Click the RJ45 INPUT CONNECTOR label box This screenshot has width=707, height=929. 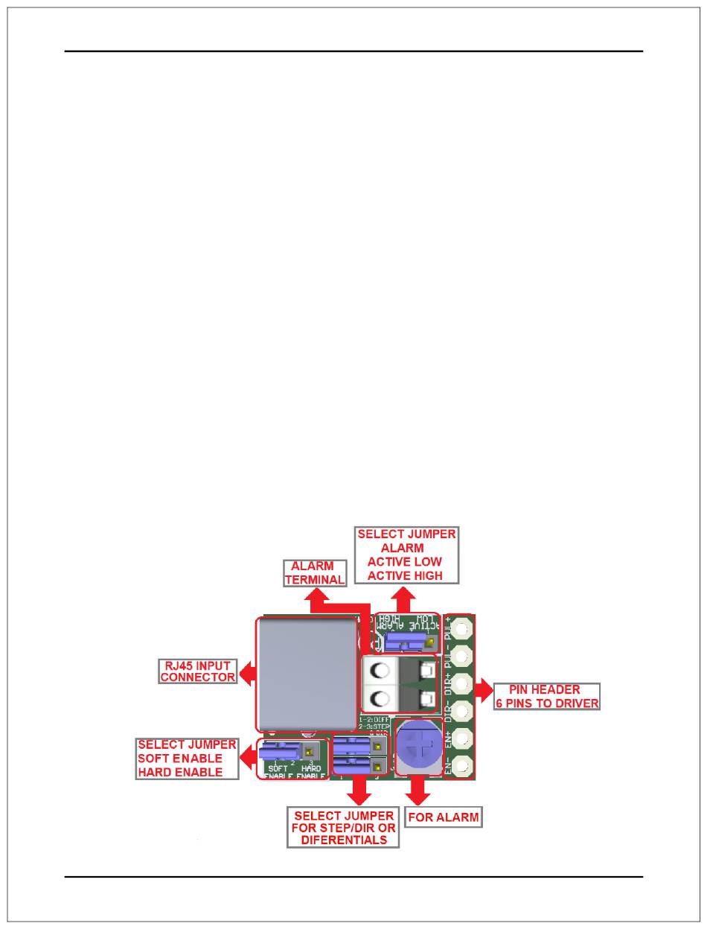click(198, 671)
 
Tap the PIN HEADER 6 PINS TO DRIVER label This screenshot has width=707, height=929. click(546, 696)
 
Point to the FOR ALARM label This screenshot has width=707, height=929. click(443, 817)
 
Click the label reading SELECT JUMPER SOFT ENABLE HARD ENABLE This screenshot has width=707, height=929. click(187, 758)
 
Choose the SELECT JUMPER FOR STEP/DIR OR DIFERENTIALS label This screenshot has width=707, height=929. click(344, 828)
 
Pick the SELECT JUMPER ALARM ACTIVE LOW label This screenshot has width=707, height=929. click(406, 555)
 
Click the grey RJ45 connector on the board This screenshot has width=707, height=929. click(306, 674)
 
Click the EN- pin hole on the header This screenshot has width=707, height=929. click(462, 764)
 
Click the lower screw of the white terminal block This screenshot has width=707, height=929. click(380, 699)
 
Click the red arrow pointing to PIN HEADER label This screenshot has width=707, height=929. click(484, 692)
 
